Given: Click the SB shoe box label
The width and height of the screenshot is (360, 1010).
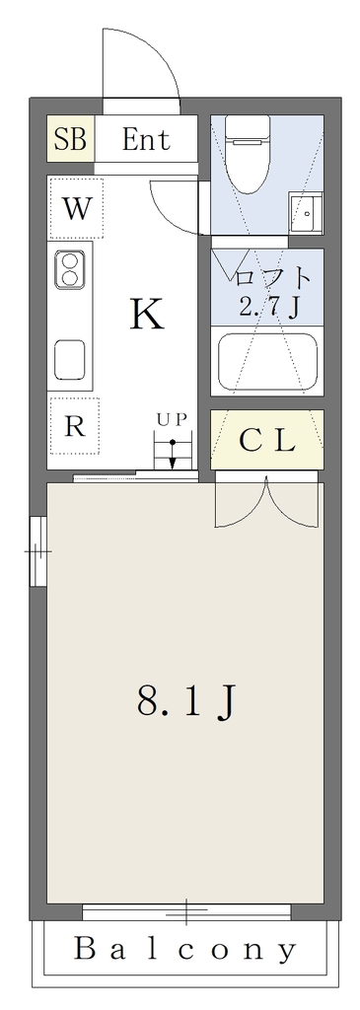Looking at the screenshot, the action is (70, 139).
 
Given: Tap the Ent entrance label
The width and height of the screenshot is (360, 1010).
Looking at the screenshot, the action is (146, 139).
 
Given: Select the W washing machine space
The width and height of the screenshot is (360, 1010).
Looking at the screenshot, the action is (75, 208).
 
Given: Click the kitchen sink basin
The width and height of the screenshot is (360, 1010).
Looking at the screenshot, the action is (70, 360).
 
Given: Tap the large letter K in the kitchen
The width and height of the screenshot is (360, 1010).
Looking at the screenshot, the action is (147, 315).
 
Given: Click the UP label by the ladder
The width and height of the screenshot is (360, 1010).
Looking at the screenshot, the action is (172, 419).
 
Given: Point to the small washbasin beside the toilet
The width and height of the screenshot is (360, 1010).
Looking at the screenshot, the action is (305, 213).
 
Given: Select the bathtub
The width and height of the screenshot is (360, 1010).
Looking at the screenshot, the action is (266, 362).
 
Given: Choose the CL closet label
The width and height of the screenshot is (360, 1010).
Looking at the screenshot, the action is (266, 441).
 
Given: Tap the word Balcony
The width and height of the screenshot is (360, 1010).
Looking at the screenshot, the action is (185, 949).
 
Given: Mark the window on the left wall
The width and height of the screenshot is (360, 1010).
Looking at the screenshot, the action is (38, 551).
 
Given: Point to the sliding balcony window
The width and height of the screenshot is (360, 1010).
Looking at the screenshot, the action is (186, 912).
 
